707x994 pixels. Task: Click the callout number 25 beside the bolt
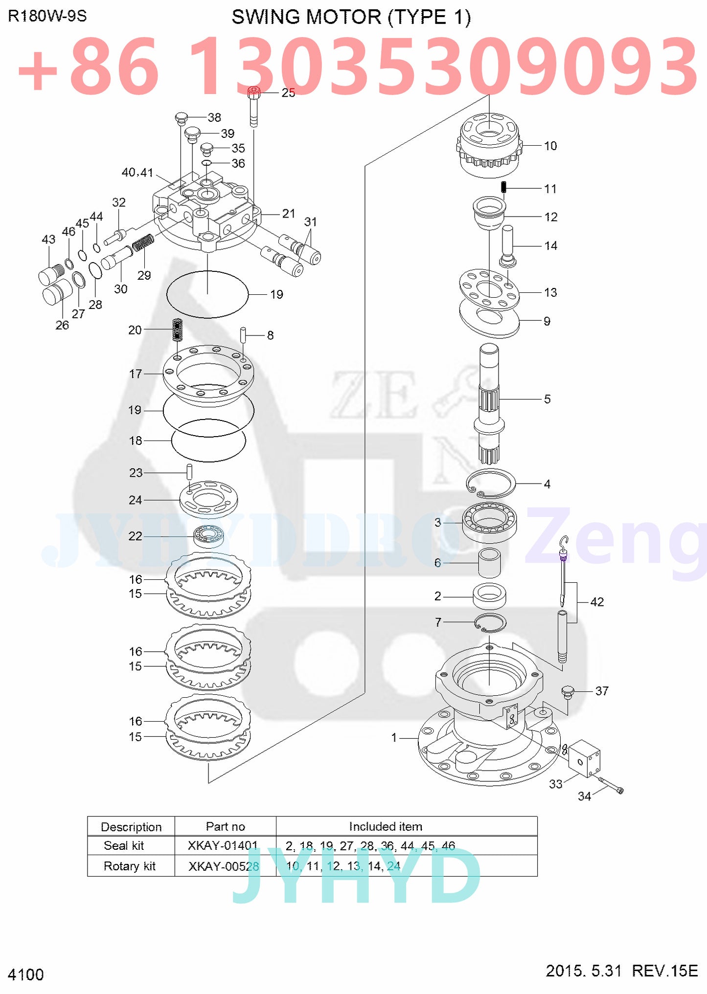(x=288, y=93)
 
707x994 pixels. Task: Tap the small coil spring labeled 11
(x=504, y=187)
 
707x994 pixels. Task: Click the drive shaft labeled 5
(x=489, y=403)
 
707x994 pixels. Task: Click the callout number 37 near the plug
(x=601, y=691)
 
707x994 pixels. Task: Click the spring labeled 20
(x=177, y=330)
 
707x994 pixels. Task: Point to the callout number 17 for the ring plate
(x=136, y=374)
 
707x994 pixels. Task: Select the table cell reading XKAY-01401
(x=223, y=846)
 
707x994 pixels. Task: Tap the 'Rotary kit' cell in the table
(x=130, y=866)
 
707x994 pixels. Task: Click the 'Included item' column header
(x=386, y=827)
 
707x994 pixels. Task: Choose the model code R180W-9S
(x=47, y=16)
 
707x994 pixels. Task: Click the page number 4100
(x=26, y=974)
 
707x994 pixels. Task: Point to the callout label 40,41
(x=137, y=173)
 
